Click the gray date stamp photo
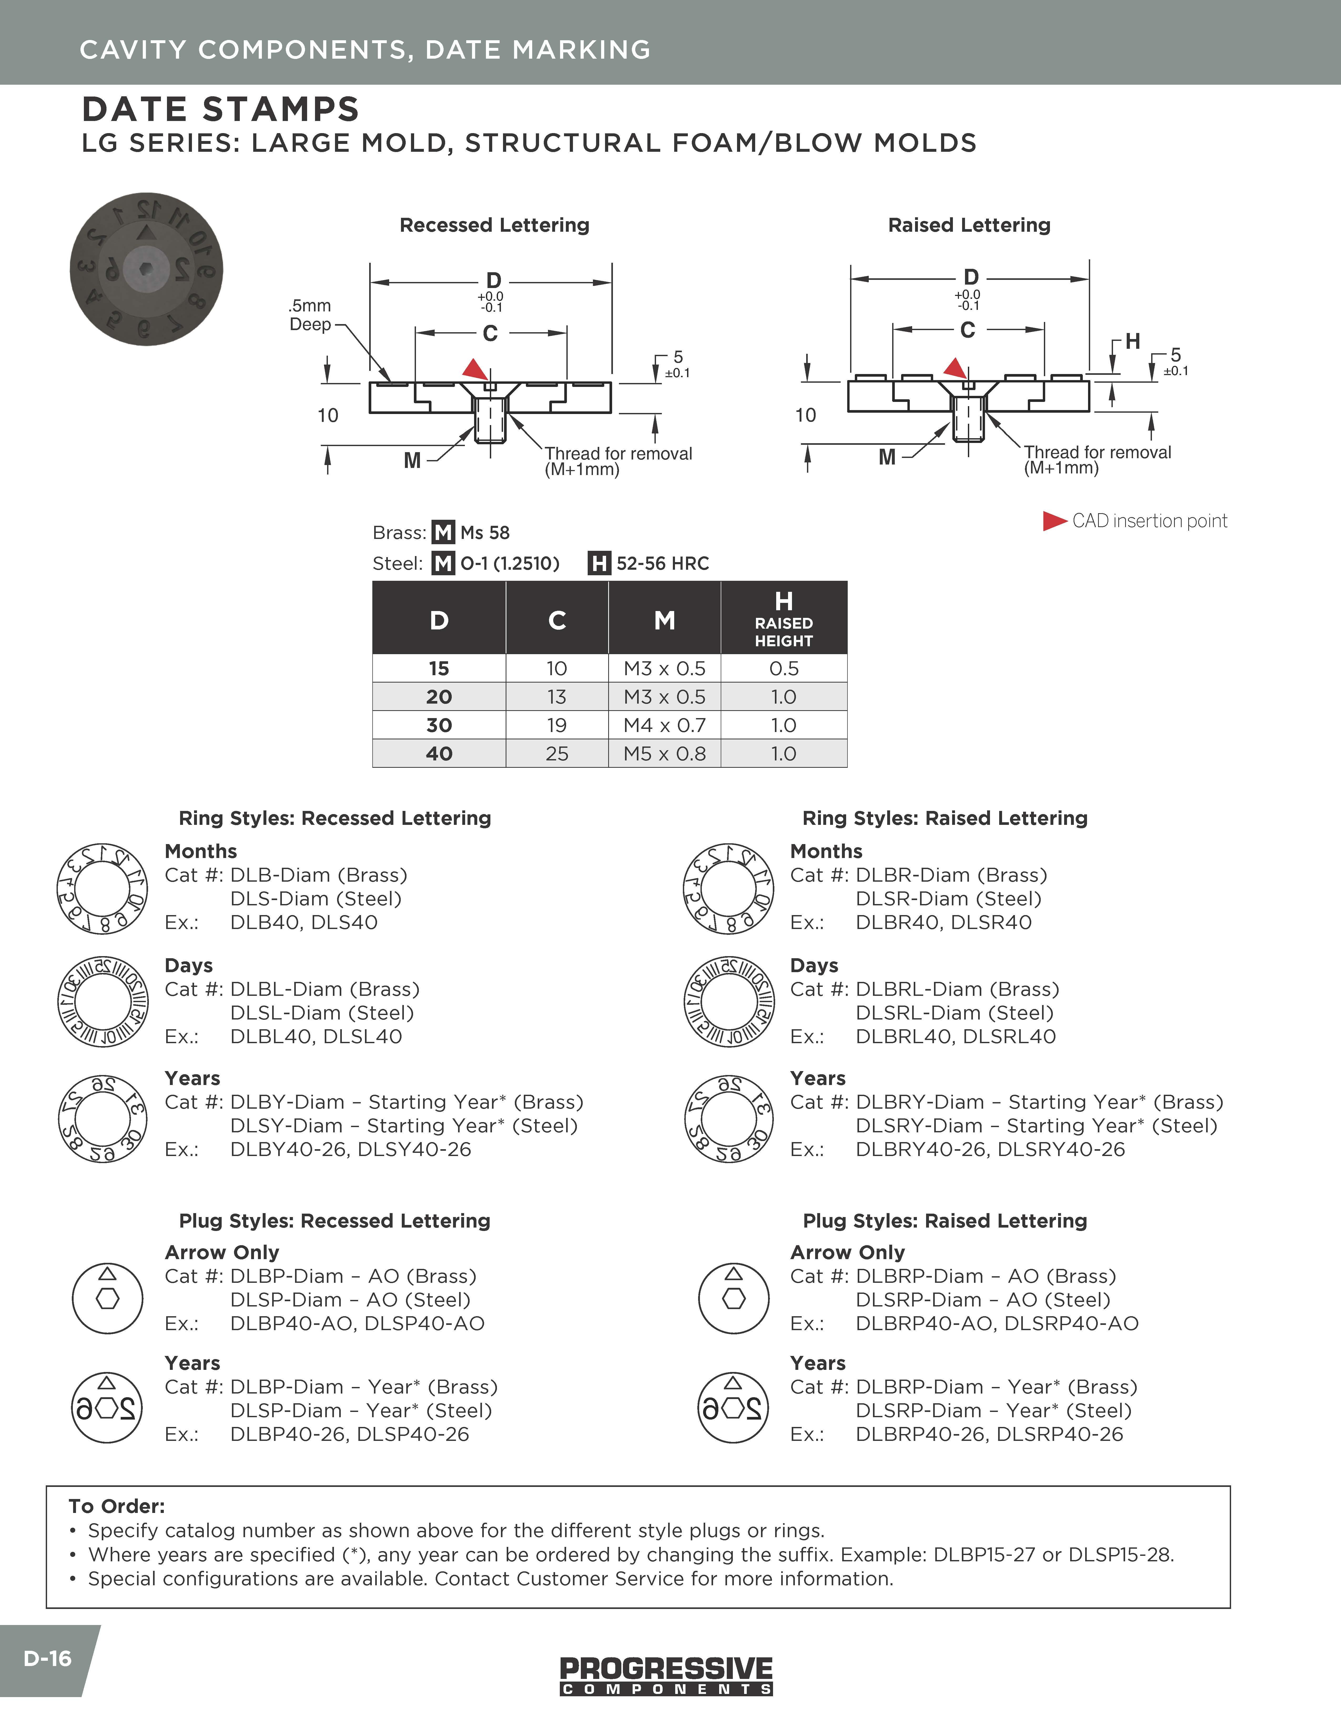point(146,269)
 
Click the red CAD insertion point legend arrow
point(1054,521)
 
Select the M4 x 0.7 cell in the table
point(664,725)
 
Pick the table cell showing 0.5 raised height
point(783,668)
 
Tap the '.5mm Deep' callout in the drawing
point(310,315)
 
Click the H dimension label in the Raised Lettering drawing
point(1132,341)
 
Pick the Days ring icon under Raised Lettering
point(729,1002)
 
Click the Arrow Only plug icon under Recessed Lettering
point(107,1298)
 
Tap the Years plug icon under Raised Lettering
point(733,1409)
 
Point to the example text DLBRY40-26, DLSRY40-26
point(990,1149)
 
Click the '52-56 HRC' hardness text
point(663,564)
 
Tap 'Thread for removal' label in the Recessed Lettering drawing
point(618,454)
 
